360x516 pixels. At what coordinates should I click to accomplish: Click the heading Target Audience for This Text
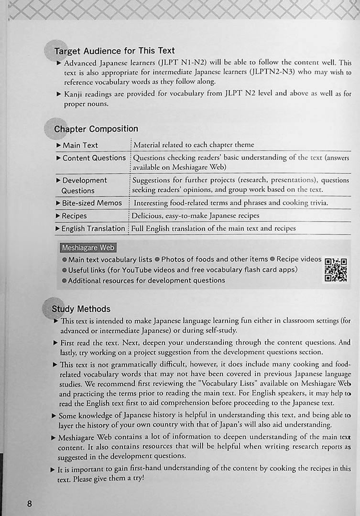point(114,51)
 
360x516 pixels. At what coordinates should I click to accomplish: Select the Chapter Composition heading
point(96,129)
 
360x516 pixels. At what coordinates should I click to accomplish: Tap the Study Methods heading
point(81,309)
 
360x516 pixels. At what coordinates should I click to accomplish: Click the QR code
point(336,270)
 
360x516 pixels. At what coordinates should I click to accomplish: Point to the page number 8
point(29,504)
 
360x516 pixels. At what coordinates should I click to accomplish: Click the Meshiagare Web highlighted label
point(88,248)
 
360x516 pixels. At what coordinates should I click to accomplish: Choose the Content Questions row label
point(94,158)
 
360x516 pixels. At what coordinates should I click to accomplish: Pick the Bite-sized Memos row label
point(92,203)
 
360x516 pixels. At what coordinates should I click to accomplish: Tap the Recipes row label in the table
point(74,216)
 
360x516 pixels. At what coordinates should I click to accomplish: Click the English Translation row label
point(93,228)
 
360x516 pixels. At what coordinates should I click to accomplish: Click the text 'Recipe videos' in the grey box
point(299,259)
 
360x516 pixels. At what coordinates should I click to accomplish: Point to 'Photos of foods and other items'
point(215,259)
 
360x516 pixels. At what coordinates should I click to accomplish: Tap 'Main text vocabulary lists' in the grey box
point(110,259)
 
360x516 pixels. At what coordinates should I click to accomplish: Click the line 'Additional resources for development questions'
point(146,280)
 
